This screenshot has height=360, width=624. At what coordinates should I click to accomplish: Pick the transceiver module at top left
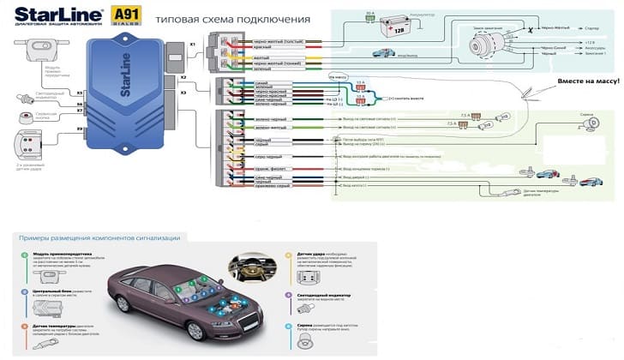(x=32, y=51)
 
